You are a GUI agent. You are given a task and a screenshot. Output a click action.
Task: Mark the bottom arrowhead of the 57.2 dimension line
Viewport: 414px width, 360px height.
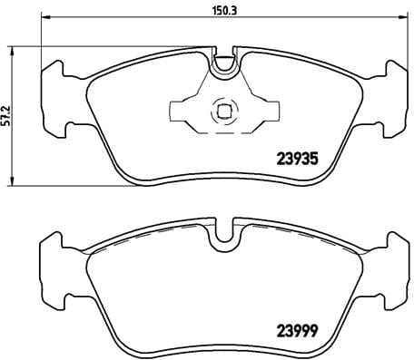[10, 181]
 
